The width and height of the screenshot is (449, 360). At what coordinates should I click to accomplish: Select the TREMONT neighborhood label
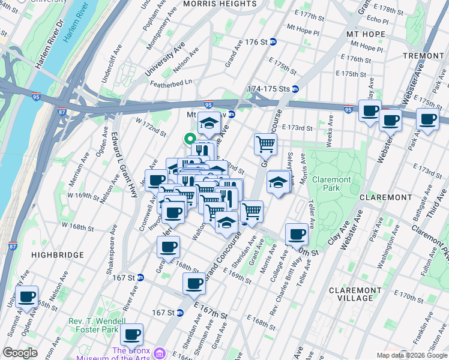[x=424, y=55]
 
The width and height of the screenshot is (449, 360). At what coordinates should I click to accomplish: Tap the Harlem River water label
[x=76, y=29]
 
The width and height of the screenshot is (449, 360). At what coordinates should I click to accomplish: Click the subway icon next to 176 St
[x=273, y=42]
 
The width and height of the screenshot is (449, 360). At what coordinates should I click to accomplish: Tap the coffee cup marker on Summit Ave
[x=26, y=295]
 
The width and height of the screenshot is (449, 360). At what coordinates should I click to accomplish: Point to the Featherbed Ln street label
[x=171, y=81]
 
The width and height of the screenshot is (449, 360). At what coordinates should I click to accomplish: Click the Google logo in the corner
[x=20, y=352]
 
